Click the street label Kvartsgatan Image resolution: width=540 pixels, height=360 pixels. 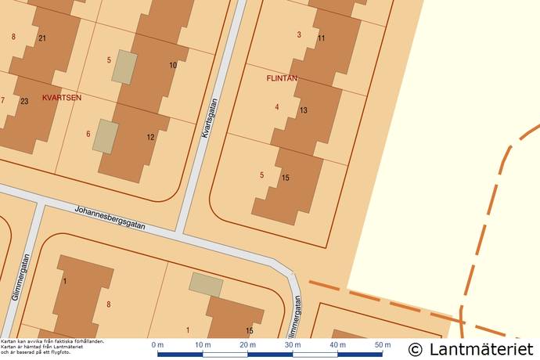pos(208,119)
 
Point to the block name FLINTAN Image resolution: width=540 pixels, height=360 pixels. pos(282,78)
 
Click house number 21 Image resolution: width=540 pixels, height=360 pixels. pos(42,38)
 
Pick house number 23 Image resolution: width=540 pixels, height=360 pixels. pos(24,102)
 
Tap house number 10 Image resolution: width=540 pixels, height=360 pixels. pos(173,65)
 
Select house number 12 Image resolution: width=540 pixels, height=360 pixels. pos(150,138)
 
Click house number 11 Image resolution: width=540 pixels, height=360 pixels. pos(321,38)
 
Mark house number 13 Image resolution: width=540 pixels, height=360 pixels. pos(303,110)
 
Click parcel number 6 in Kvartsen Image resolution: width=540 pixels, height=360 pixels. pos(88,134)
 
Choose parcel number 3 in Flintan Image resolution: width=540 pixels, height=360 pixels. pos(299,34)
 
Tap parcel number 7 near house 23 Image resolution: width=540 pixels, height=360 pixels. pos(3,100)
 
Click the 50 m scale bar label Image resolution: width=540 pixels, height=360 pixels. pos(383,345)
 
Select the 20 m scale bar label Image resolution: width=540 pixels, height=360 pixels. pos(247,345)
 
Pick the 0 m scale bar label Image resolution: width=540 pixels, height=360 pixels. pos(157,345)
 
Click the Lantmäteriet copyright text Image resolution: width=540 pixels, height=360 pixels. pos(471,348)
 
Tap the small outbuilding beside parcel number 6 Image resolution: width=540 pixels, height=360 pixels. pos(106,136)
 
